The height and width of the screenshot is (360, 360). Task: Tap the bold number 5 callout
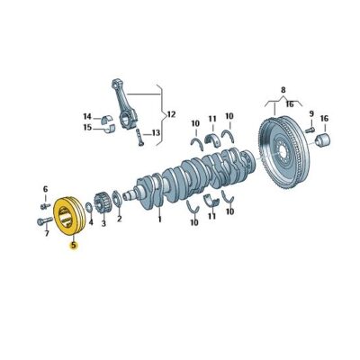tap(74, 243)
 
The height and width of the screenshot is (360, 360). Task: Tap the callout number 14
tap(86, 116)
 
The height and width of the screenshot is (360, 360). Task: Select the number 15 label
tap(86, 128)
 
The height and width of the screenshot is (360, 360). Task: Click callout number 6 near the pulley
tap(45, 188)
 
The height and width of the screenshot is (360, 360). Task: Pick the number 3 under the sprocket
tap(103, 223)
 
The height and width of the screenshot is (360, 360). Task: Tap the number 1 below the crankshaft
tap(159, 217)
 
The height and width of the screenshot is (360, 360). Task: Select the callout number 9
tap(311, 113)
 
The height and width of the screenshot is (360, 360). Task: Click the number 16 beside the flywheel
tap(324, 118)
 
